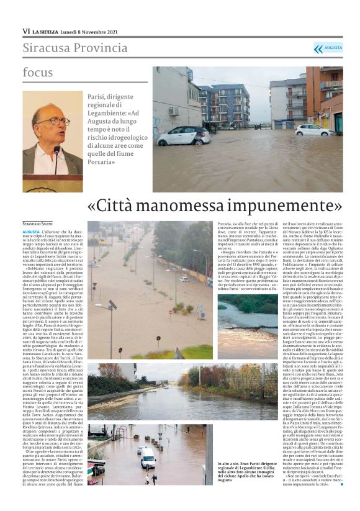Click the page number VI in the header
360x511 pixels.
click(26, 30)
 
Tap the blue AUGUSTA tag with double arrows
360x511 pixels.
click(328, 48)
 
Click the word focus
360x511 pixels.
click(38, 73)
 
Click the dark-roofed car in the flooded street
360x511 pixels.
click(184, 135)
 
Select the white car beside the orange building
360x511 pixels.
click(313, 130)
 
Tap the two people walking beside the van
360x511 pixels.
click(150, 479)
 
